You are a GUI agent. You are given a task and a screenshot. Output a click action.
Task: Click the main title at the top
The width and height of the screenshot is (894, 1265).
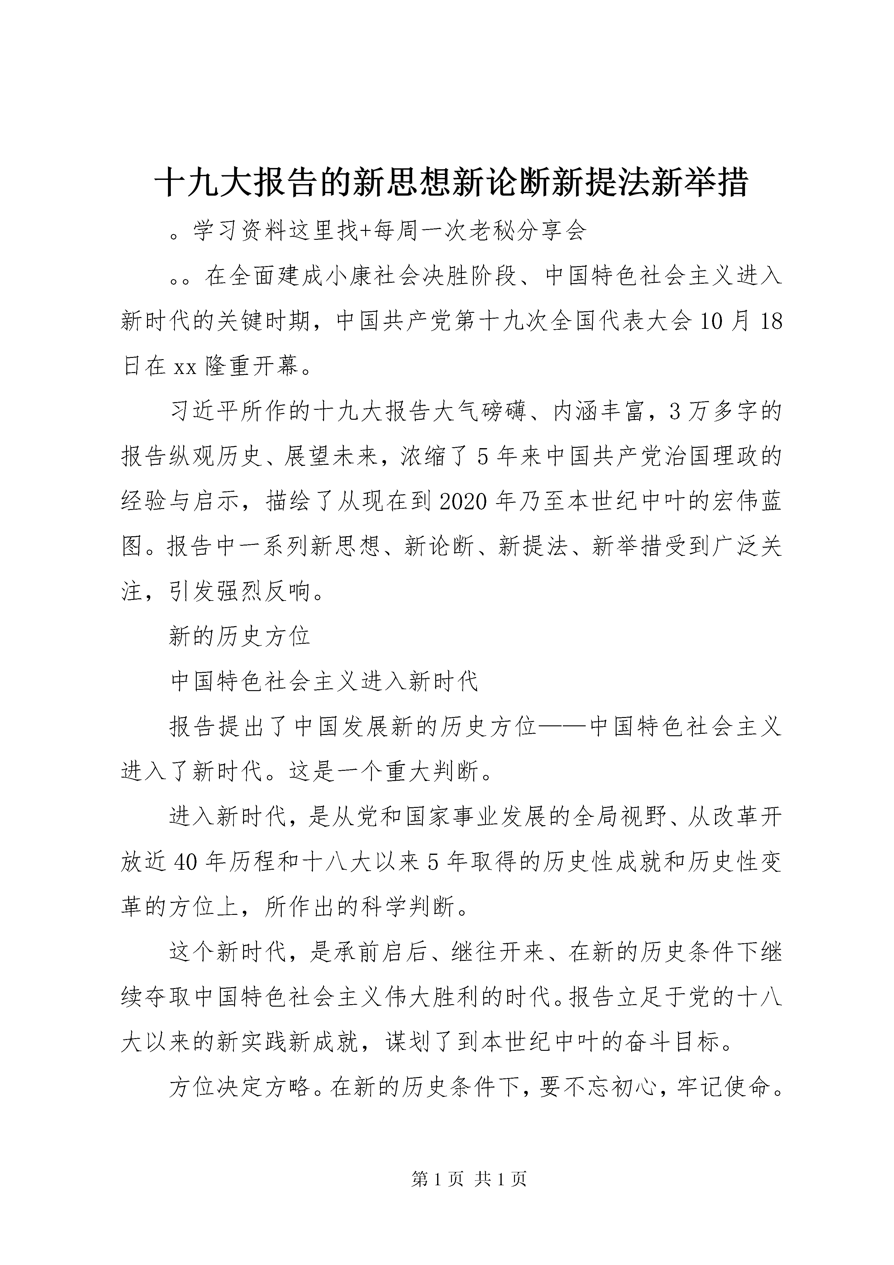(451, 182)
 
